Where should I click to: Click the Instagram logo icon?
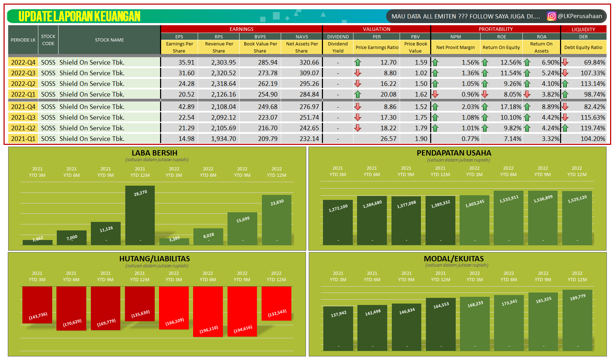(x=551, y=16)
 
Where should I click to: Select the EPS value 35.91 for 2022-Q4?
(x=186, y=62)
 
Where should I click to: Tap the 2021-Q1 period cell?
(x=23, y=139)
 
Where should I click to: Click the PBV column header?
(x=415, y=37)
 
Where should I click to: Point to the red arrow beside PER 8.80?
(x=358, y=73)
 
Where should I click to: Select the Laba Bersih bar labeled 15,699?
(x=242, y=229)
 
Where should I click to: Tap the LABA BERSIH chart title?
(x=154, y=153)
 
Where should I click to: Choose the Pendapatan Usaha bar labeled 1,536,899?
(x=543, y=218)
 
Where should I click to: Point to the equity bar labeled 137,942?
(x=338, y=328)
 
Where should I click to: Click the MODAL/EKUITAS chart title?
(x=454, y=259)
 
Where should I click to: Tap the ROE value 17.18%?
(x=511, y=107)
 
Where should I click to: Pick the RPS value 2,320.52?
(x=223, y=73)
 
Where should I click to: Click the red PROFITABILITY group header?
(x=495, y=29)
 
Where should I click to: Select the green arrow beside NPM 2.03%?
(x=435, y=107)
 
